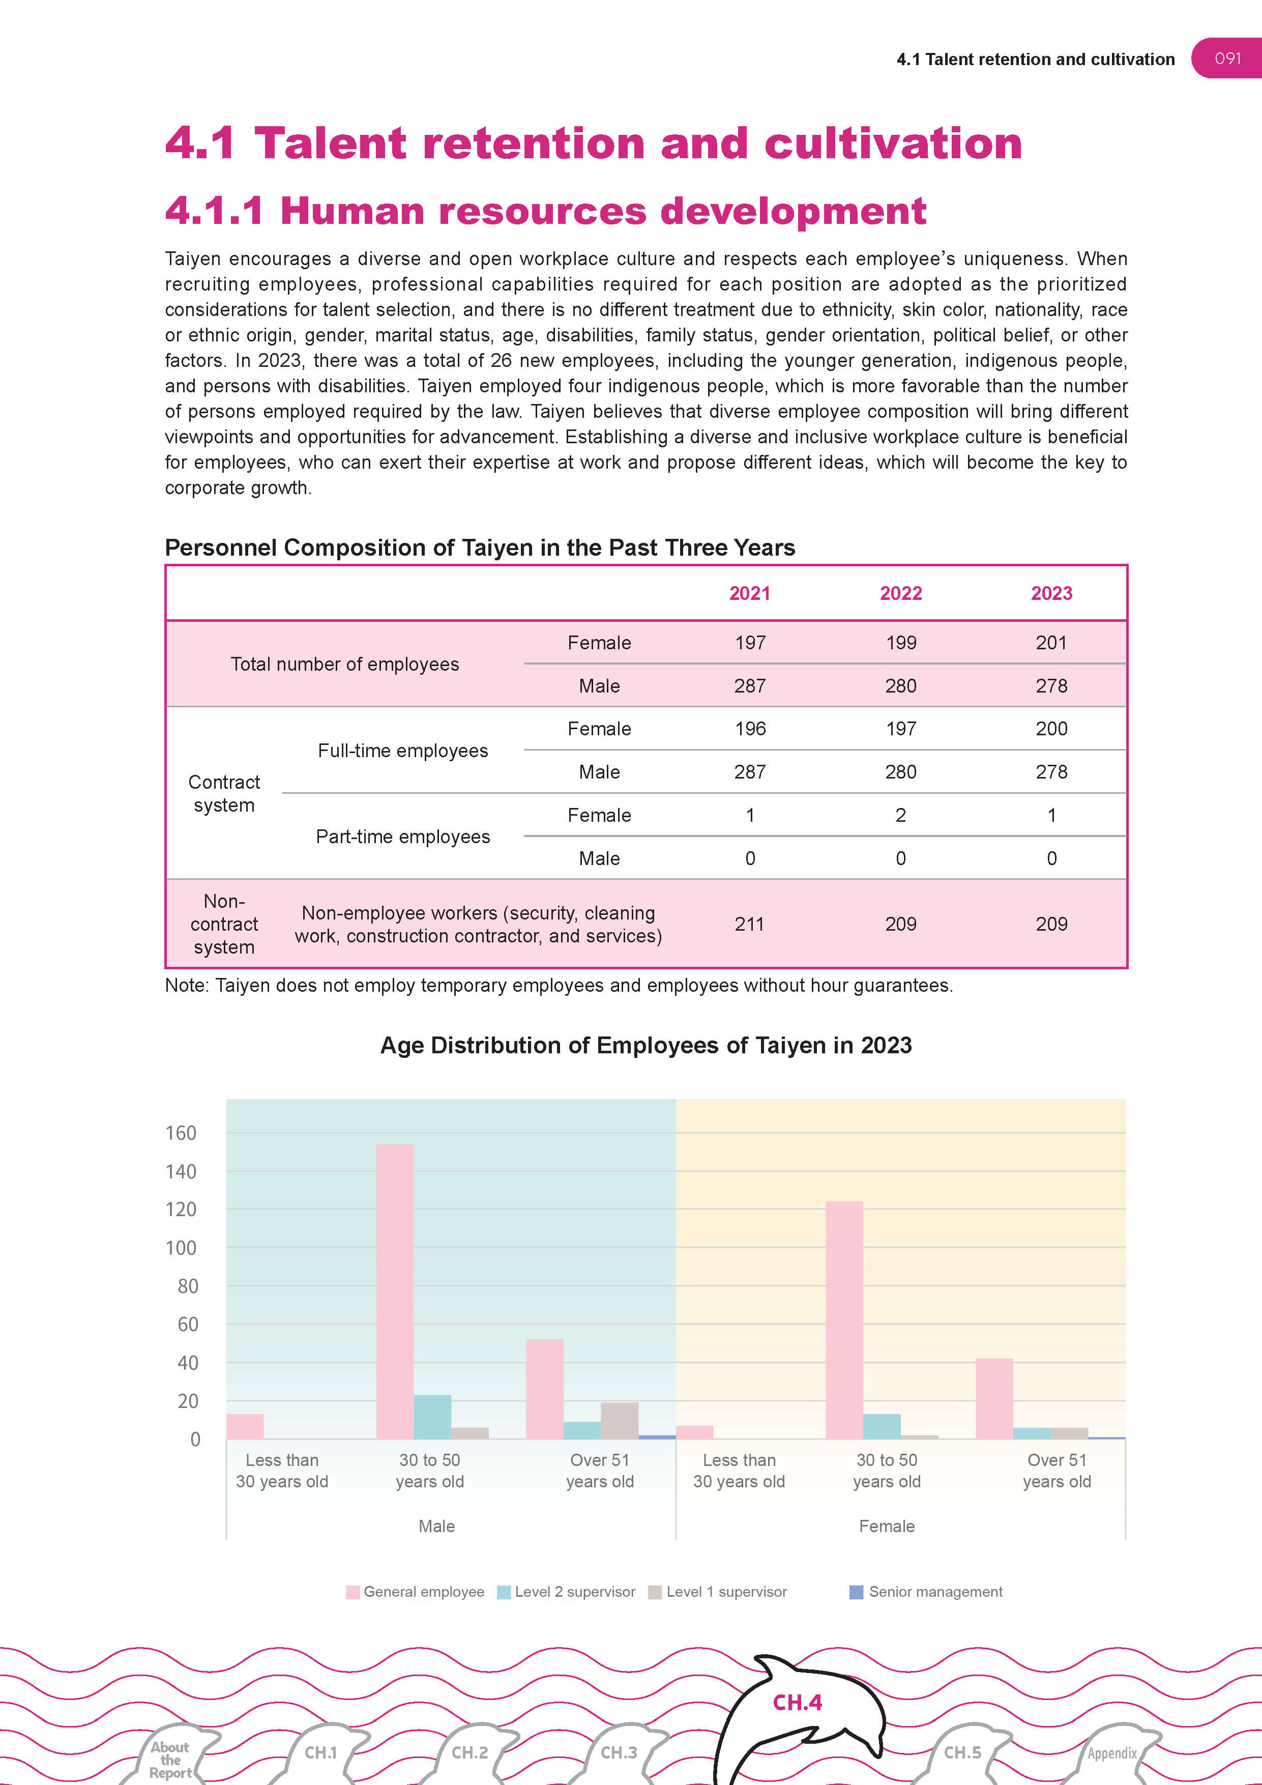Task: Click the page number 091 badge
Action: click(x=1227, y=59)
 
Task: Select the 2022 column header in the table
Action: click(x=901, y=593)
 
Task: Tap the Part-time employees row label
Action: click(x=402, y=837)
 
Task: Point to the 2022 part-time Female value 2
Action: click(x=901, y=815)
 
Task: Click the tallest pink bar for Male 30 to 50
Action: click(x=395, y=1290)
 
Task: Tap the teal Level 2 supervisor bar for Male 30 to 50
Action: click(x=432, y=1417)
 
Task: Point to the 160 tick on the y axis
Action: click(x=181, y=1133)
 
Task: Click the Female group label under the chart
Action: click(x=886, y=1526)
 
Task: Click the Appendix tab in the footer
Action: click(x=1112, y=1753)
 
